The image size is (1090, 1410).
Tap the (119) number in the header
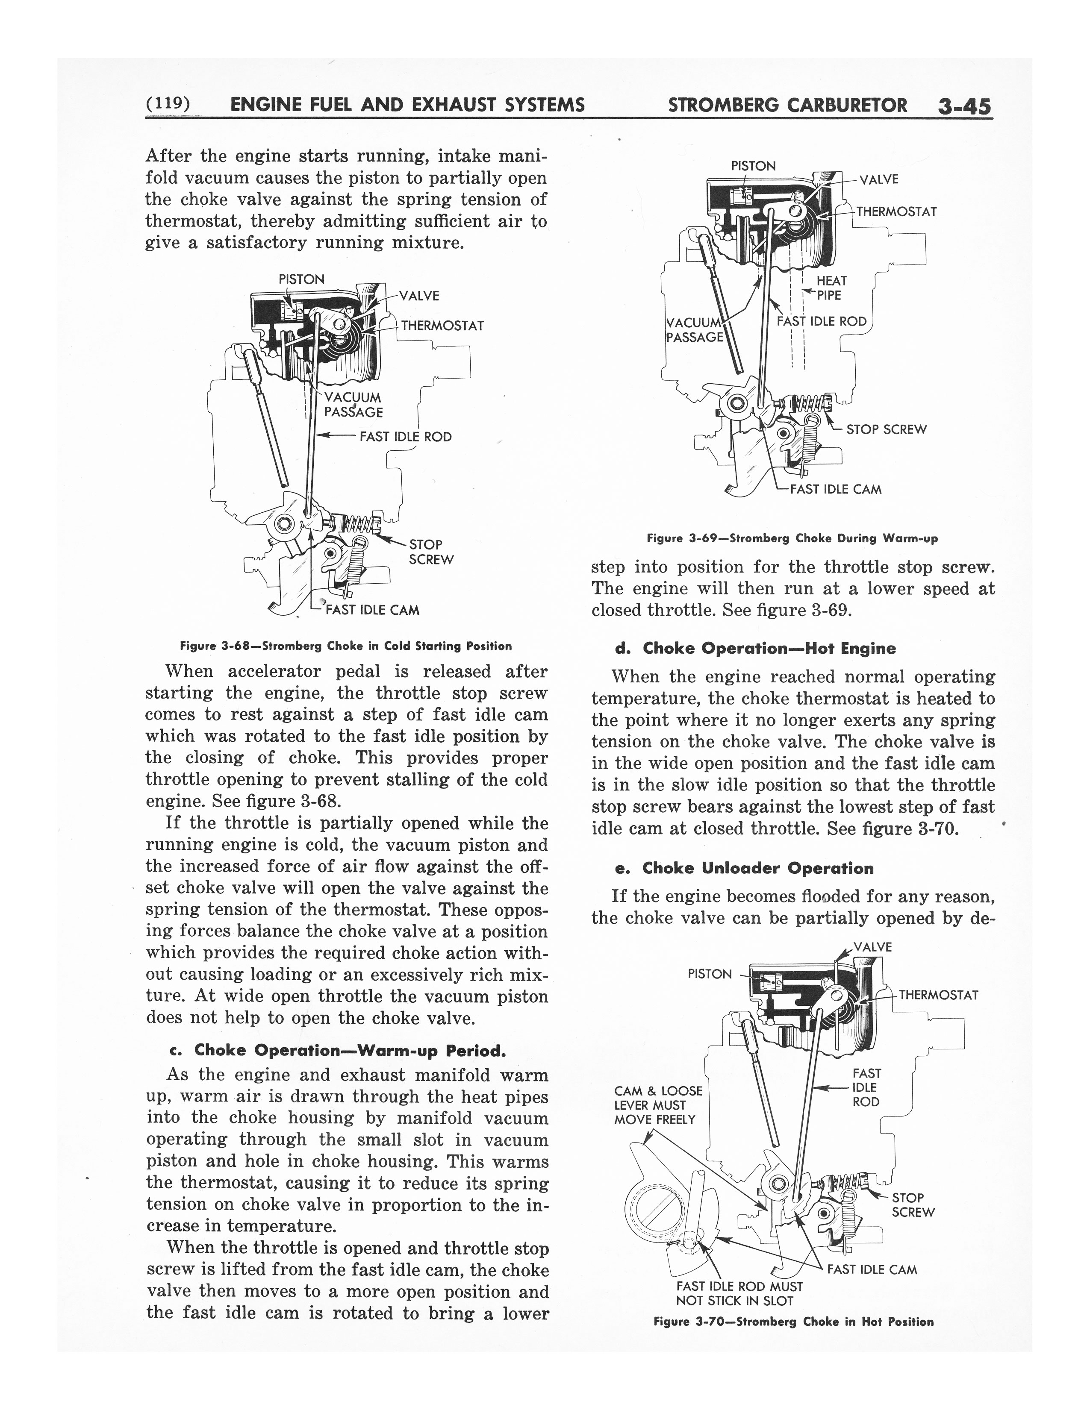[167, 103]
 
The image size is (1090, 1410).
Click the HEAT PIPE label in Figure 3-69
[831, 288]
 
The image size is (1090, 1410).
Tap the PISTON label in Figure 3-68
[301, 279]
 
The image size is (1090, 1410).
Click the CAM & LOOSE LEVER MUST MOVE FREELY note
[657, 1104]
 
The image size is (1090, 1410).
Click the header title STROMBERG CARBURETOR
[787, 105]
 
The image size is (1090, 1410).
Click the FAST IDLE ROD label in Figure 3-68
[405, 436]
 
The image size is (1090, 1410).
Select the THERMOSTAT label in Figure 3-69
[896, 212]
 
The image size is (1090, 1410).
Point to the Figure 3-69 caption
[792, 538]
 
